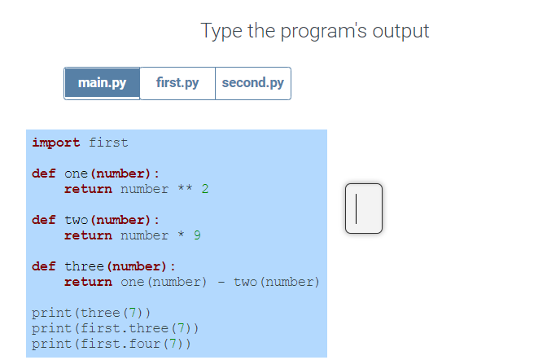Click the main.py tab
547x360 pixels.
pyautogui.click(x=102, y=83)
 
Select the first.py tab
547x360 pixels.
pyautogui.click(x=177, y=83)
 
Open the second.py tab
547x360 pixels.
pyautogui.click(x=253, y=83)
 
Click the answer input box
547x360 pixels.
pyautogui.click(x=364, y=209)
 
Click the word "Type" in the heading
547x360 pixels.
pyautogui.click(x=221, y=32)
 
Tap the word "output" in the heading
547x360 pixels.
pyautogui.click(x=400, y=31)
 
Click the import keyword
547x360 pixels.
pyautogui.click(x=56, y=143)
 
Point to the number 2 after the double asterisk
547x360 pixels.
pyautogui.click(x=205, y=189)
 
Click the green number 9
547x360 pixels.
pyautogui.click(x=197, y=235)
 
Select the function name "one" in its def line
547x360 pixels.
pyautogui.click(x=76, y=173)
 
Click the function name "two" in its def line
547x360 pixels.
pyautogui.click(x=76, y=220)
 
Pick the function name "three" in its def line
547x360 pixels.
pyautogui.click(x=84, y=266)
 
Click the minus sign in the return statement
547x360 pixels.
pyautogui.click(x=221, y=282)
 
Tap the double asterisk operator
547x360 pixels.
pyautogui.click(x=185, y=188)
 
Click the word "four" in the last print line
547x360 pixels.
pyautogui.click(x=145, y=344)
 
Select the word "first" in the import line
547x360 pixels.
pyautogui.click(x=108, y=143)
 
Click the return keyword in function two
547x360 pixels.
pyautogui.click(x=88, y=235)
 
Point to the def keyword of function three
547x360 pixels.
pyautogui.click(x=44, y=266)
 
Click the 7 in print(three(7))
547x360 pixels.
pyautogui.click(x=133, y=313)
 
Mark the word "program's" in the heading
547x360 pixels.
pyautogui.click(x=323, y=32)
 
